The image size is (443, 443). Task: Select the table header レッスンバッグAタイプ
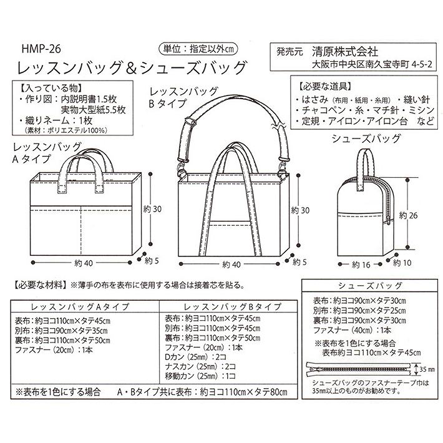(80, 306)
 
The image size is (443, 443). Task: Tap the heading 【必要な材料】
(38, 286)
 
